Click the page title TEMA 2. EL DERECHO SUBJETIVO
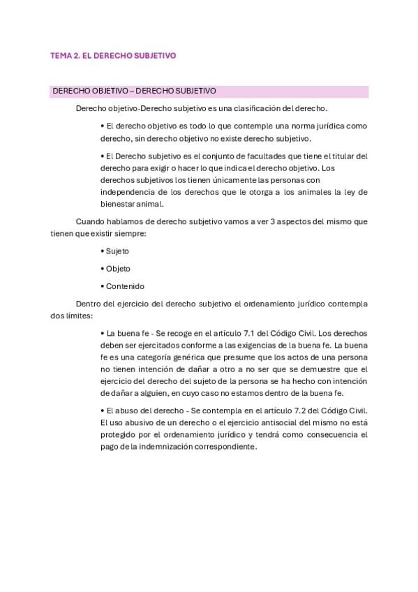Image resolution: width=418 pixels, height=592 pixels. pyautogui.click(x=112, y=55)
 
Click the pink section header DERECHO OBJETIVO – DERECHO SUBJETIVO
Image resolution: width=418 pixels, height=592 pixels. pyautogui.click(x=134, y=91)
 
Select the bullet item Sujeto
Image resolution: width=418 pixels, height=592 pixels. pyautogui.click(x=117, y=251)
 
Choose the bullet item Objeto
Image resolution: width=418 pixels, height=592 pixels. pyautogui.click(x=118, y=269)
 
